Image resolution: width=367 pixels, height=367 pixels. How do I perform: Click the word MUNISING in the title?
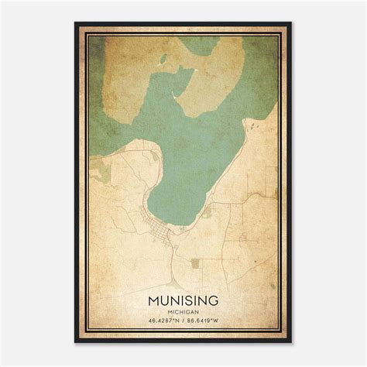click(x=183, y=297)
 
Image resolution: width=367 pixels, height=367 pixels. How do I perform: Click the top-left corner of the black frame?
click(x=76, y=23)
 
